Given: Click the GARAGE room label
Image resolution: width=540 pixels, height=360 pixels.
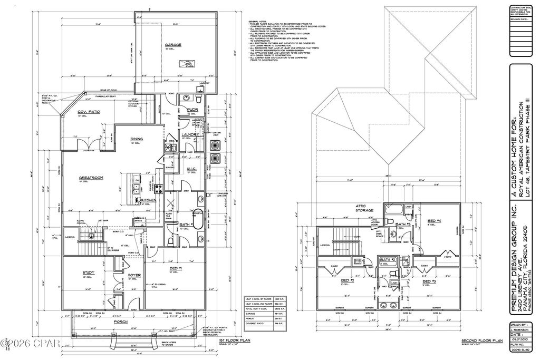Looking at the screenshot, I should [x=173, y=45].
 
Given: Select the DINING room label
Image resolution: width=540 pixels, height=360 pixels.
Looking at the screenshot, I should [x=137, y=140].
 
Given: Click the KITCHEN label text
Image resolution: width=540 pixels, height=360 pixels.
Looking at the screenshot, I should [x=149, y=200].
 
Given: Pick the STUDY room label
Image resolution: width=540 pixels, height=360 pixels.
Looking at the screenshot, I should [x=88, y=273].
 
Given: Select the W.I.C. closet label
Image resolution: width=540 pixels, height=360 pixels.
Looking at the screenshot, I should [x=192, y=170].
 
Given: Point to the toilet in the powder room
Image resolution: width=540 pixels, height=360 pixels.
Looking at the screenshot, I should [x=199, y=99].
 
